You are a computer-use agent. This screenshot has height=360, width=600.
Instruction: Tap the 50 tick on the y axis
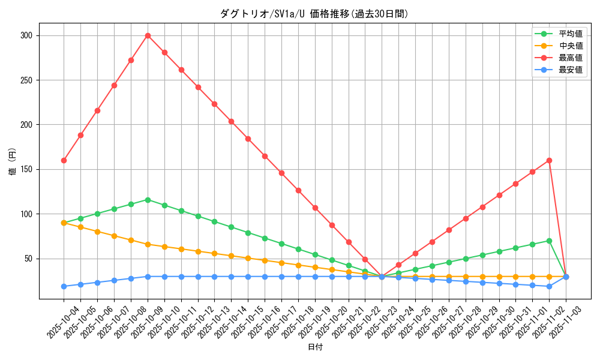point(28,259)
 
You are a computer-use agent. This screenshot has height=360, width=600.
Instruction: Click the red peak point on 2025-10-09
point(148,35)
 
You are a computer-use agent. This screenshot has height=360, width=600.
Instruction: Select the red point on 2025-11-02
point(549,160)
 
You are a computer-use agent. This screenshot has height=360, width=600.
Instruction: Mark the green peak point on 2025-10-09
point(148,200)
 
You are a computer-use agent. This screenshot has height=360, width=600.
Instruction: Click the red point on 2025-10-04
point(64,160)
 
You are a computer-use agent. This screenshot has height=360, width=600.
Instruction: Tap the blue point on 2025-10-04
point(64,286)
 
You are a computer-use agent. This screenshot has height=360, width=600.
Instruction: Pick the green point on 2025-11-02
point(549,241)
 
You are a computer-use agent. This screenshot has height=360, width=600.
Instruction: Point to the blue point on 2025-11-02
point(549,286)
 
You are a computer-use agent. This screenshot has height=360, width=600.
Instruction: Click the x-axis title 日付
point(315,347)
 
